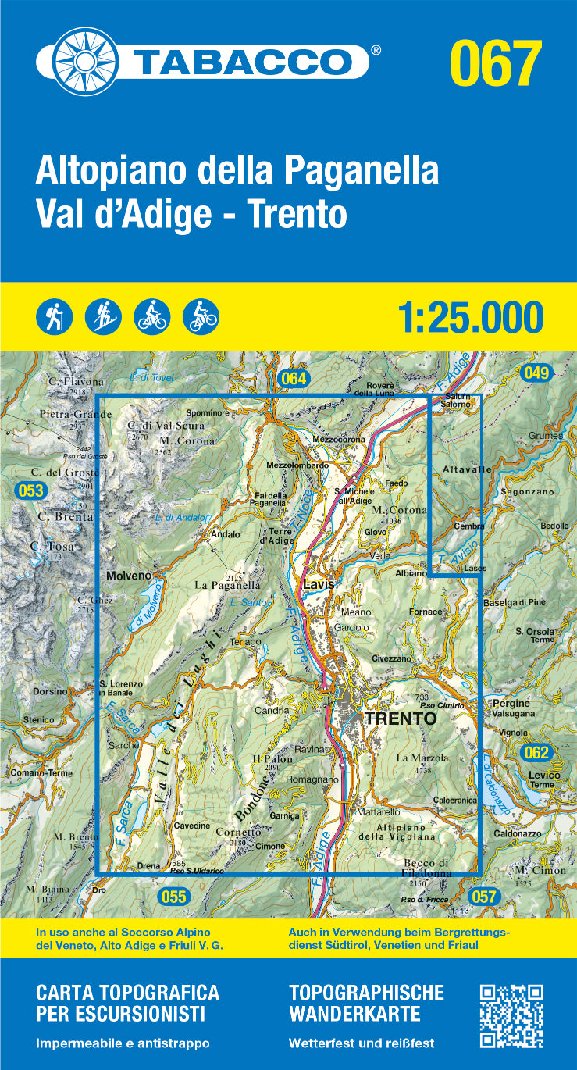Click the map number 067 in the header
coord(495,63)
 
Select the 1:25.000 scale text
coord(470,318)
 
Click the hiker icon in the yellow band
coord(54,317)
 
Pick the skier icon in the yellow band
coord(103,317)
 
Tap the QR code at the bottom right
coord(511,1015)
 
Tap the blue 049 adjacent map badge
coord(537,373)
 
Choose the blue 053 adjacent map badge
coord(30,491)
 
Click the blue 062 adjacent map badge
coord(536,753)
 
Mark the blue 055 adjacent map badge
coord(173,897)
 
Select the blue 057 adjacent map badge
coord(485,897)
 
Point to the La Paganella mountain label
coord(226,584)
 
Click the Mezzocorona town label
coord(339,440)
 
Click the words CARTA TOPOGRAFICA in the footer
coord(127,993)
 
